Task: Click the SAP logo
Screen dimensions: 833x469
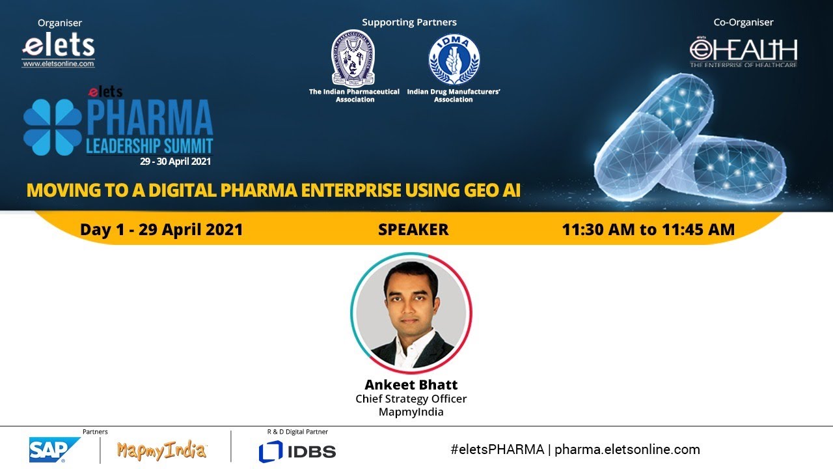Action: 54,449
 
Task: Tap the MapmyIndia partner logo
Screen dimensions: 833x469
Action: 161,451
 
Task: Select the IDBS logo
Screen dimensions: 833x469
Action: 297,451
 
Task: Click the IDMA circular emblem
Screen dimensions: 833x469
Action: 454,59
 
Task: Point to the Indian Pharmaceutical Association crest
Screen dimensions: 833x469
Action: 353,59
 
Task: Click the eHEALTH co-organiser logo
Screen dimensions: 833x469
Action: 743,53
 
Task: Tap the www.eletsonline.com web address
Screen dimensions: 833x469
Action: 59,64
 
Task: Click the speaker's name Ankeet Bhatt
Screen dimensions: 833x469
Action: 411,384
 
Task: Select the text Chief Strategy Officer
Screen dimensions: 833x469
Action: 411,399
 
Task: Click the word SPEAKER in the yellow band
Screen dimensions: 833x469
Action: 413,229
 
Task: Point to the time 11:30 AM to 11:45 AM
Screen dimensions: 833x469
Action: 648,229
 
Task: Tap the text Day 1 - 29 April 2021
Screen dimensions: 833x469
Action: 161,229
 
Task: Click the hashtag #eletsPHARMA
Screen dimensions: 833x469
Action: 497,449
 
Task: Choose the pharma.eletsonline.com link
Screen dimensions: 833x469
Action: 627,449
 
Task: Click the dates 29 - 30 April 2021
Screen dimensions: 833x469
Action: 175,162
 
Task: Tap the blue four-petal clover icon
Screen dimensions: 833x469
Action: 53,127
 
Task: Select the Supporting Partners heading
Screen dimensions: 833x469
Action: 409,22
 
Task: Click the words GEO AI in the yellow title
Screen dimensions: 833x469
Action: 492,190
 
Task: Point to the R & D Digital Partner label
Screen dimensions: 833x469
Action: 297,432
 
